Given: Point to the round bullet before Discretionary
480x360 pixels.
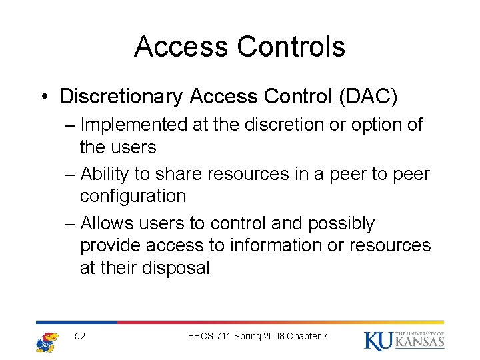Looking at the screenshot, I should pos(43,97).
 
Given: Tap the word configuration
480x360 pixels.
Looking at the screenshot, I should pos(133,196).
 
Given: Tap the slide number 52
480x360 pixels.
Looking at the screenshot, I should pos(80,336).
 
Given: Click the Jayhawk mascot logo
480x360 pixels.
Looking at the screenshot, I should pos(47,341).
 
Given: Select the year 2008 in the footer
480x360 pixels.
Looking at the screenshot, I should pos(272,336).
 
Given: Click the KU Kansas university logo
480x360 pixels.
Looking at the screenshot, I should pos(404,340).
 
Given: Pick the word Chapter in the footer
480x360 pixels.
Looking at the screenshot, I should pos(304,336).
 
